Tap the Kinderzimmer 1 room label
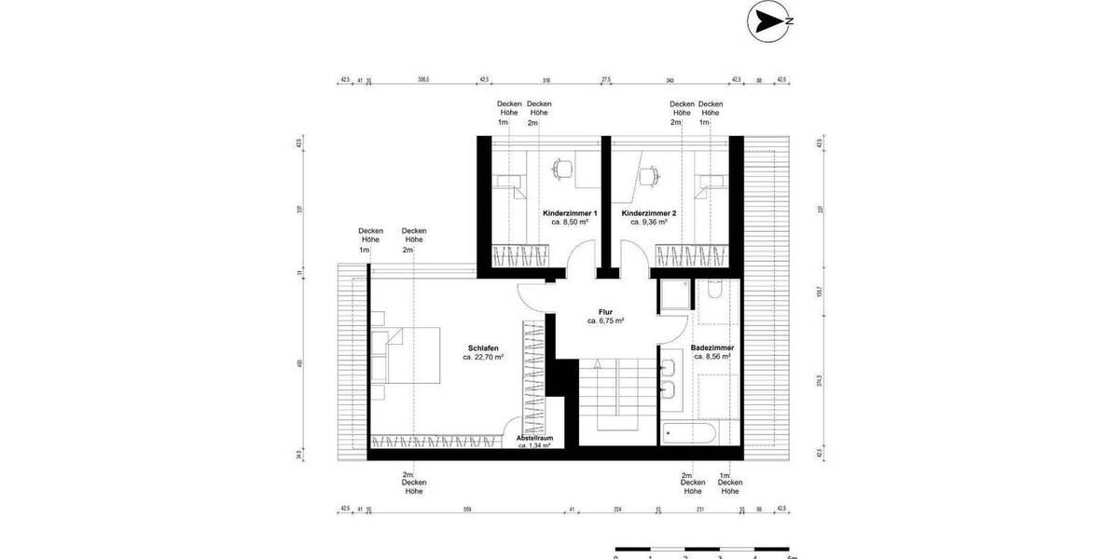569,213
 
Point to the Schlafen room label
484,348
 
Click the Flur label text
605,311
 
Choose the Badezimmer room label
711,348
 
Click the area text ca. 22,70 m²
484,357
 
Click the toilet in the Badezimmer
713,290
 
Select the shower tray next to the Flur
673,297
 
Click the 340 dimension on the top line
670,80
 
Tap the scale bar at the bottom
703,550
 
